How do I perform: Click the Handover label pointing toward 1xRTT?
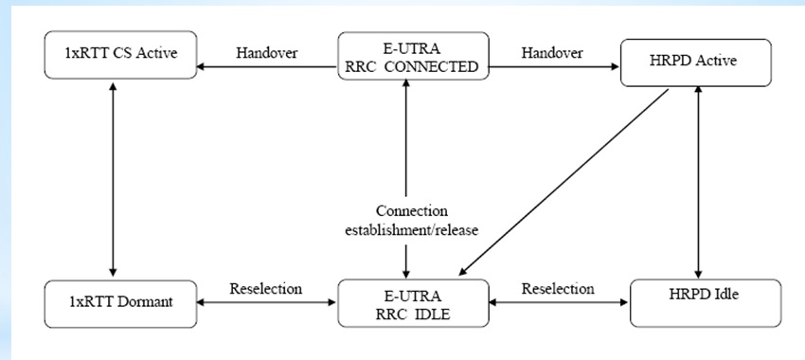coord(267,54)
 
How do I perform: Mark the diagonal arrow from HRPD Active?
coord(568,180)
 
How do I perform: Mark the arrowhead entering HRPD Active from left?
coord(611,68)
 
